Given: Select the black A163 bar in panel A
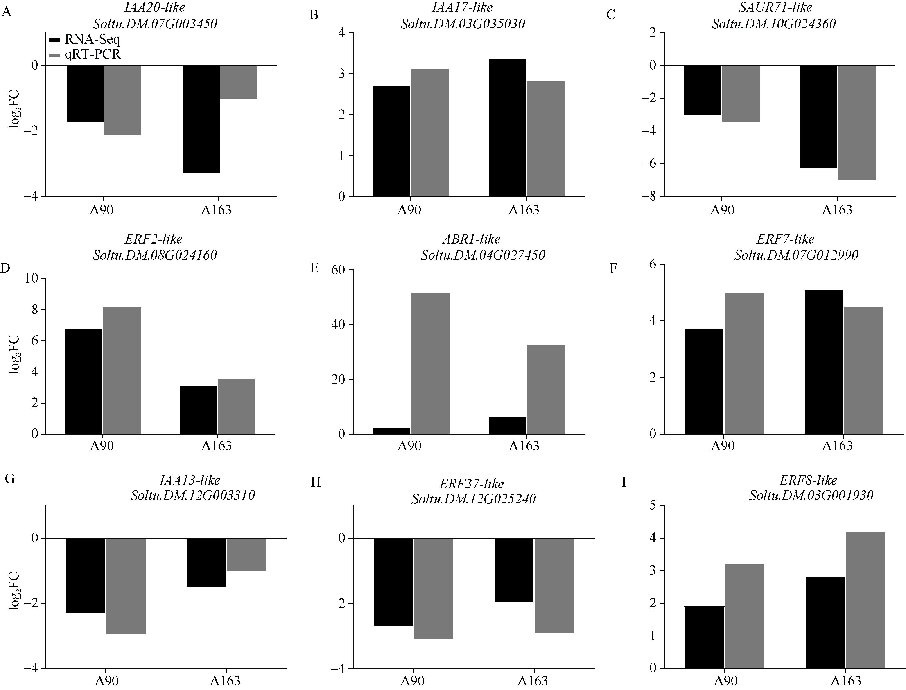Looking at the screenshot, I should pyautogui.click(x=201, y=119).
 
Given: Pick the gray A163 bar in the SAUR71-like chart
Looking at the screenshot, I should pyautogui.click(x=856, y=122).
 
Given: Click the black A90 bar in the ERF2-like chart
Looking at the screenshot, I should pyautogui.click(x=84, y=381).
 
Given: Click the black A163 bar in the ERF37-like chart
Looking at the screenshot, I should pyautogui.click(x=514, y=570).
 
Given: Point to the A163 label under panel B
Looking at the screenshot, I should pyautogui.click(x=524, y=210).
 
